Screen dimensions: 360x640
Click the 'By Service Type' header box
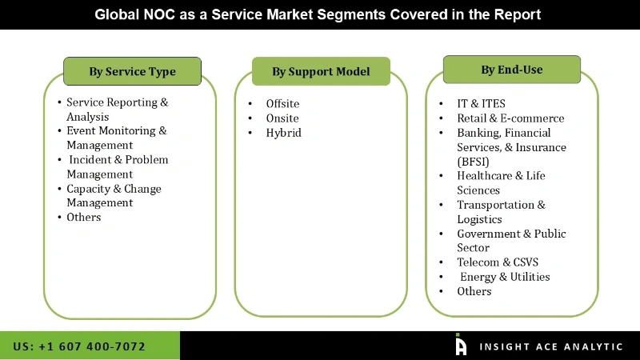(x=132, y=71)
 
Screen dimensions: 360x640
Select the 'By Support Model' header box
(x=321, y=71)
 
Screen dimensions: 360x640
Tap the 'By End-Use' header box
(x=511, y=70)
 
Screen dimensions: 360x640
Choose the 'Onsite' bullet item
(x=282, y=118)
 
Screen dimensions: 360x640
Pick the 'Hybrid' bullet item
(x=284, y=133)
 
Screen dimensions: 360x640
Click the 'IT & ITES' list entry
(x=481, y=103)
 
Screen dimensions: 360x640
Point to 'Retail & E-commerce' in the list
(x=510, y=118)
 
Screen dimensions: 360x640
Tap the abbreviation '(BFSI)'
(x=474, y=161)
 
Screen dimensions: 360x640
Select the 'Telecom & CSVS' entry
(x=498, y=262)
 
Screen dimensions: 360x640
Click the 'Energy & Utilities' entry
(x=505, y=277)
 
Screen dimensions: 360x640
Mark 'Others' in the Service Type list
(x=84, y=217)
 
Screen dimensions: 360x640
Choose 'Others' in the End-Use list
(x=474, y=291)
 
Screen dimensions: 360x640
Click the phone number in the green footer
(x=79, y=346)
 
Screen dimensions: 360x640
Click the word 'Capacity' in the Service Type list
(x=90, y=189)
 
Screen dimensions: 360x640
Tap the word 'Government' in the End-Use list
(x=490, y=234)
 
